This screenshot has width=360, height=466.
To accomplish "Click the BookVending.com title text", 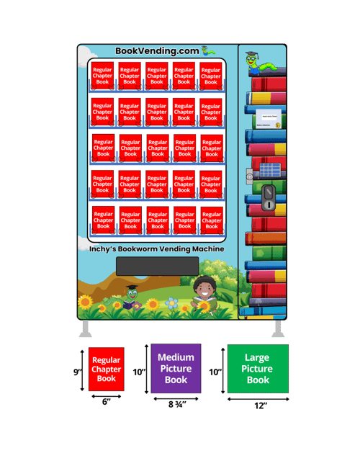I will coord(157,51).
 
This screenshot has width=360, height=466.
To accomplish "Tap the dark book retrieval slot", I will coord(157,266).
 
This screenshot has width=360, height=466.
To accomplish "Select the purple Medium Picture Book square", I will coord(176,369).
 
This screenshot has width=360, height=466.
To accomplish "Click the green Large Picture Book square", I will coord(257,369).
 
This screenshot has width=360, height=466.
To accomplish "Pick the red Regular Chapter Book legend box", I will coord(106,369).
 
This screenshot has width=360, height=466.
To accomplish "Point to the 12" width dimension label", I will coord(260,405).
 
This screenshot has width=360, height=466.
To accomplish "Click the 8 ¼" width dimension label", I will coord(176,405).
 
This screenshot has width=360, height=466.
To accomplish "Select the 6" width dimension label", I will coord(106,402).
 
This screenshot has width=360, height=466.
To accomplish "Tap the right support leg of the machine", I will coord(276,329).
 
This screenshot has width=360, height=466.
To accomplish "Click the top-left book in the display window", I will coord(102,76).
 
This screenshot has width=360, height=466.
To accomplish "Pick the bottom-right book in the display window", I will coord(212,220).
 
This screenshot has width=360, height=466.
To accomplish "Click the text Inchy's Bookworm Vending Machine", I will coord(157,249).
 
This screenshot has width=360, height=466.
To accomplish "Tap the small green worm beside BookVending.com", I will coord(207,50).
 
